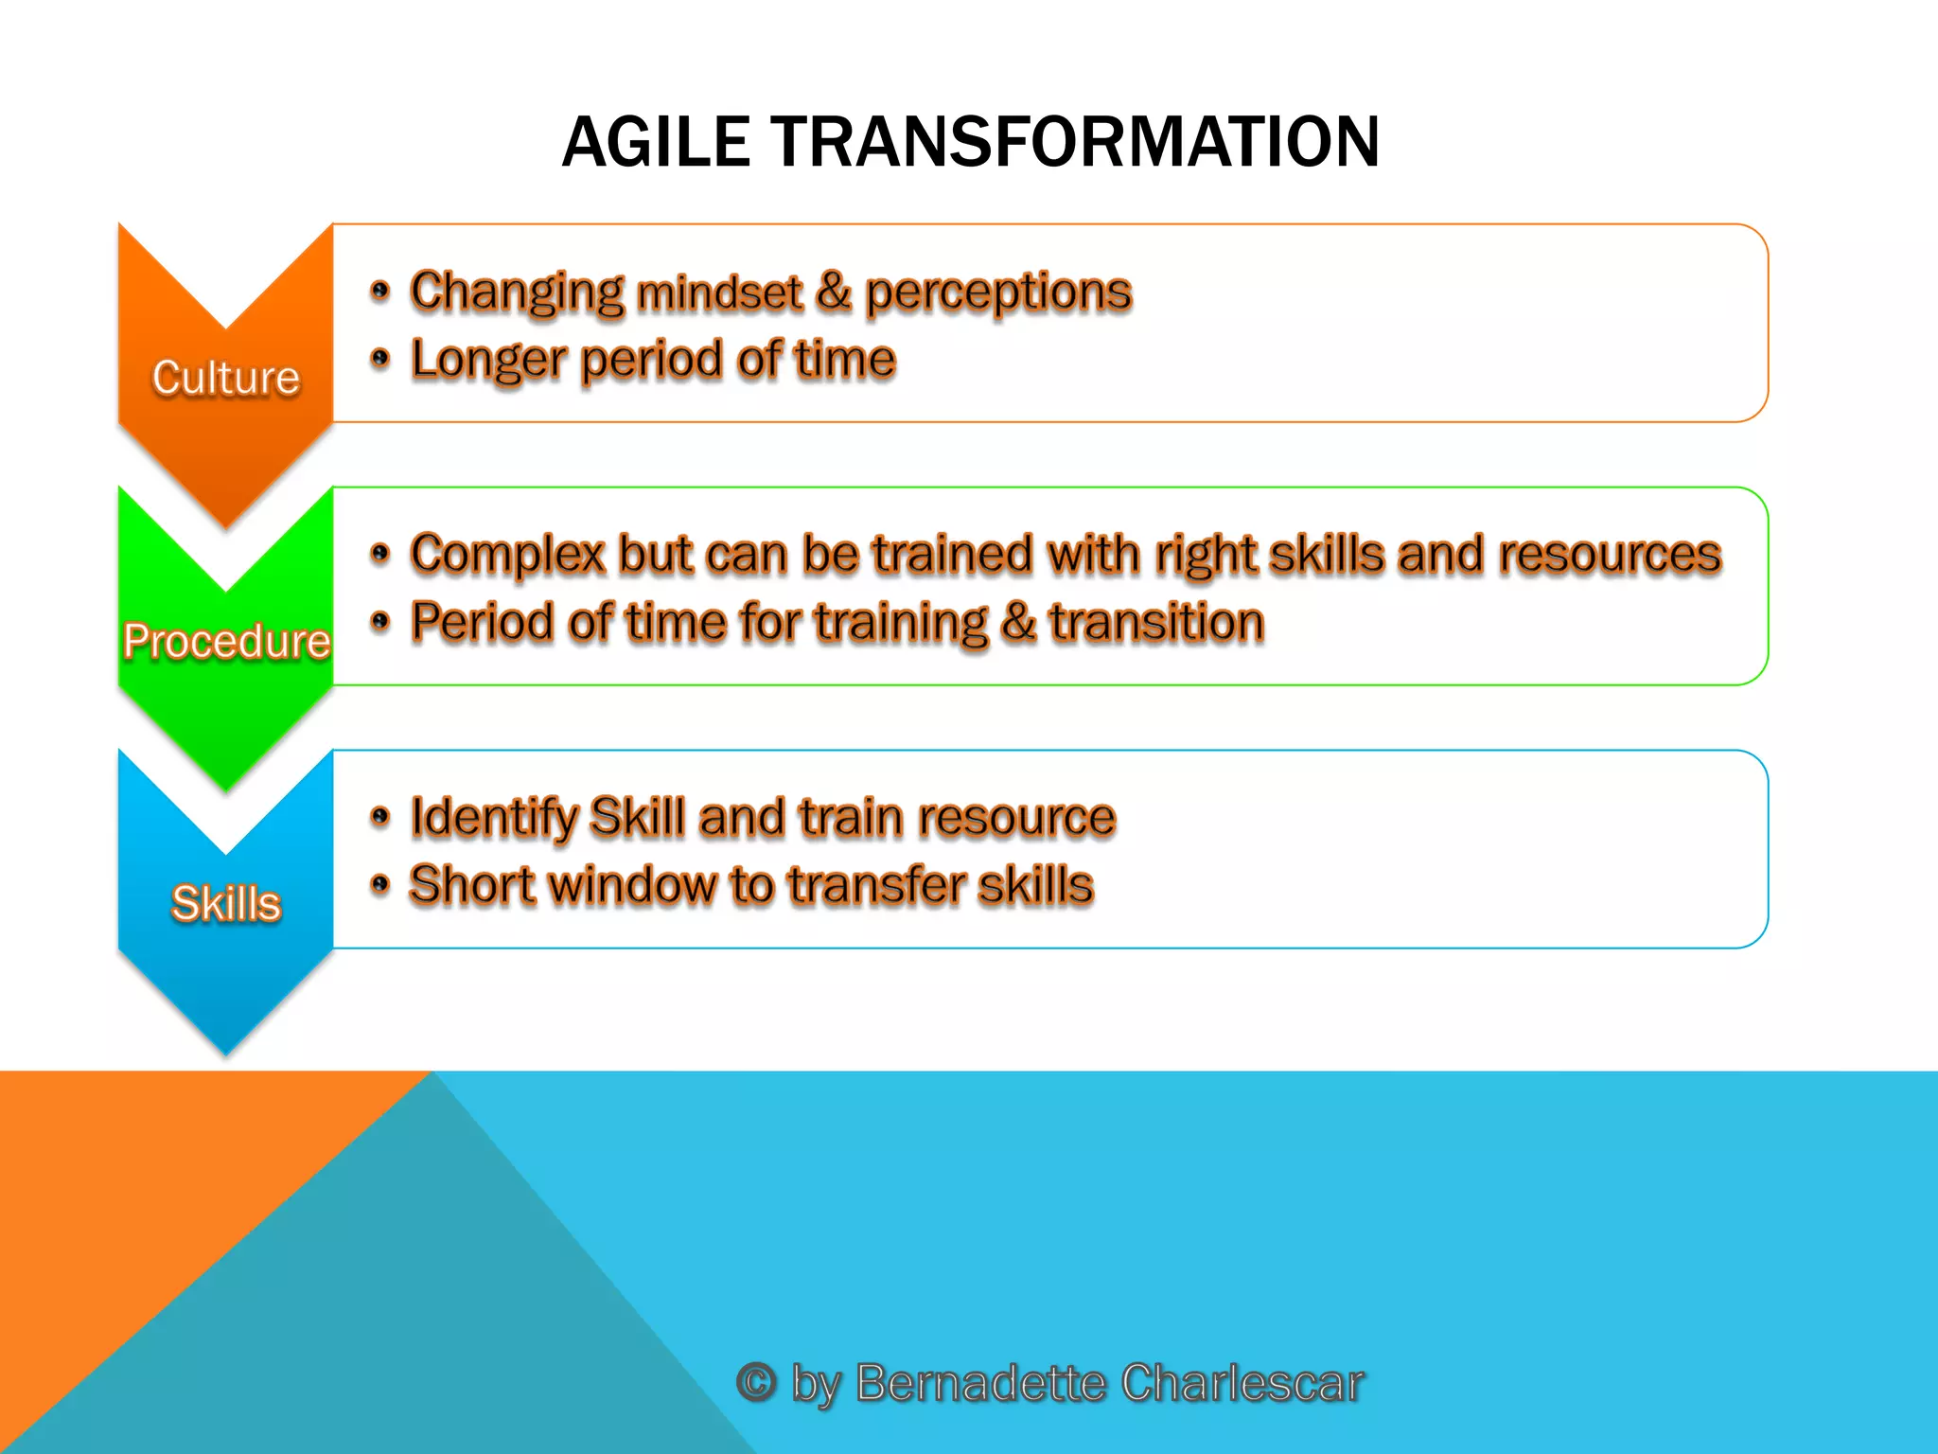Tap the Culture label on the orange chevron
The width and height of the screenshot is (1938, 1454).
point(226,377)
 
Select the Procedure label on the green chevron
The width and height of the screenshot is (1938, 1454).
point(226,641)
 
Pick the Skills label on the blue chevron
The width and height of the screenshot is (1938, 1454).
point(226,902)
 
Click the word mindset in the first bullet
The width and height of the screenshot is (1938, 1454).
point(719,293)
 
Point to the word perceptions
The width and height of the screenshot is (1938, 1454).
point(998,292)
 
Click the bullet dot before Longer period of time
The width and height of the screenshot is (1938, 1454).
point(380,359)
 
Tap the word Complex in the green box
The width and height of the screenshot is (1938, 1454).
point(507,555)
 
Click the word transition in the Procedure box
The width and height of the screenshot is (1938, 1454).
point(1156,623)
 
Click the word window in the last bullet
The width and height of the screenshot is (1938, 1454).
point(632,886)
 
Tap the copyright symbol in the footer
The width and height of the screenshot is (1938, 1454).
point(756,1382)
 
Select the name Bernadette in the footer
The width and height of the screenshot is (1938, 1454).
point(980,1382)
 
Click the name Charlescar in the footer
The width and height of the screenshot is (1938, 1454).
point(1242,1382)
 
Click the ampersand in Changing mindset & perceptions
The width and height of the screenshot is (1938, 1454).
point(833,292)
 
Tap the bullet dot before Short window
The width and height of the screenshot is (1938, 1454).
point(380,885)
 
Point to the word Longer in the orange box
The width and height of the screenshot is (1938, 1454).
point(488,362)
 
